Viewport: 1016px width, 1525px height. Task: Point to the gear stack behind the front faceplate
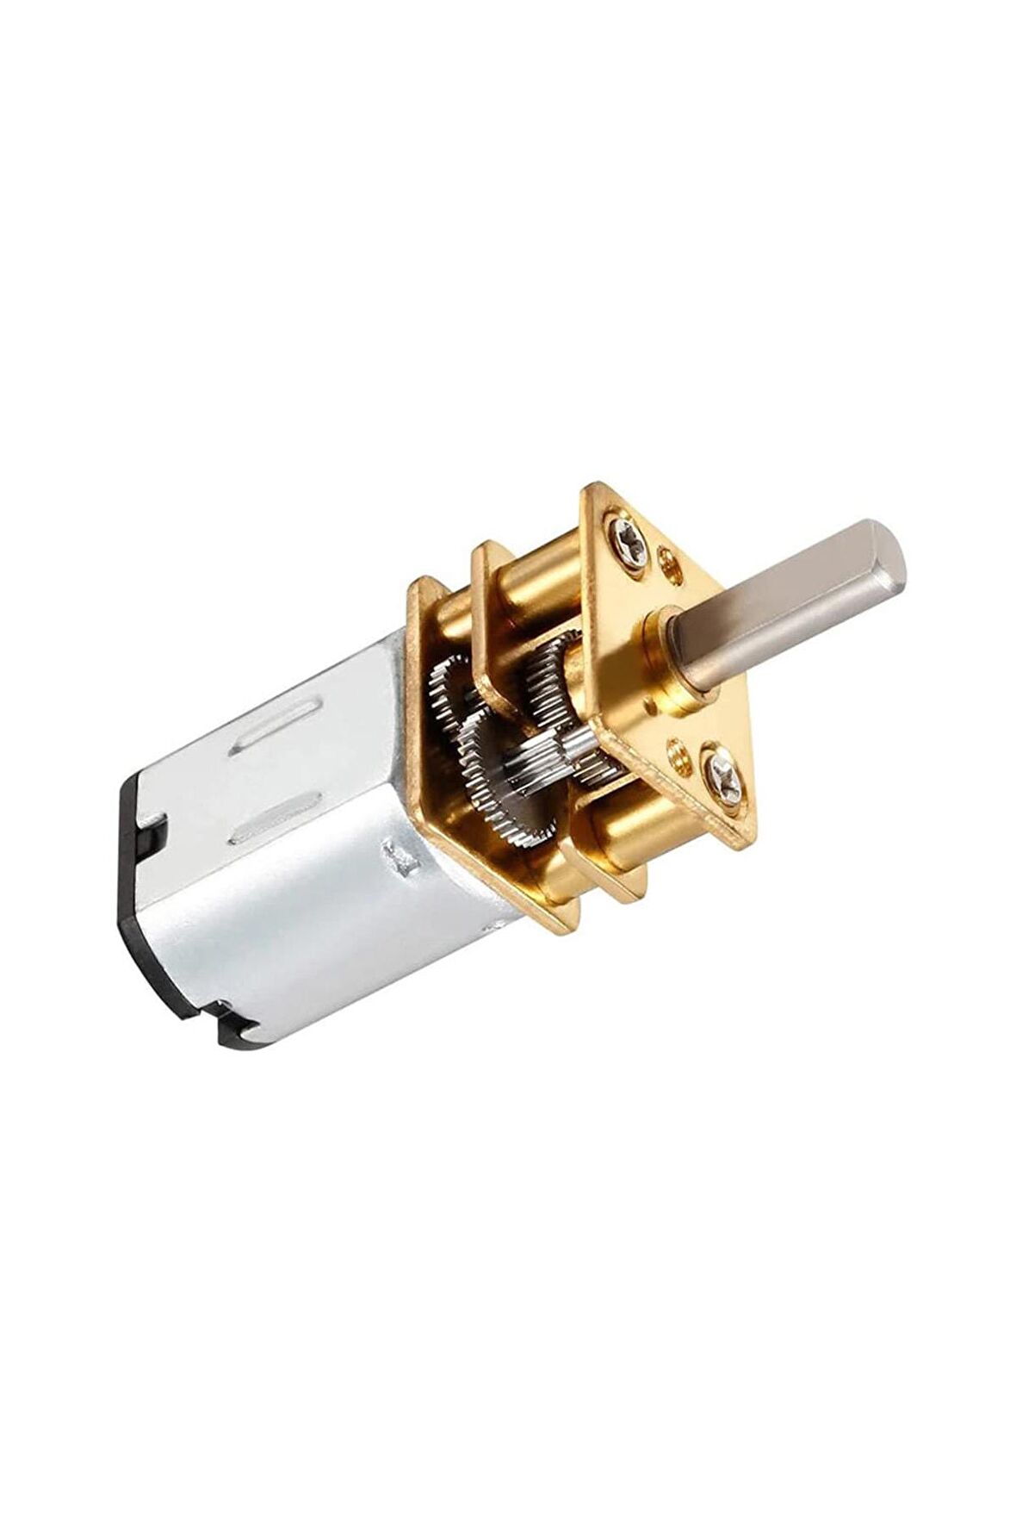click(555, 663)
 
